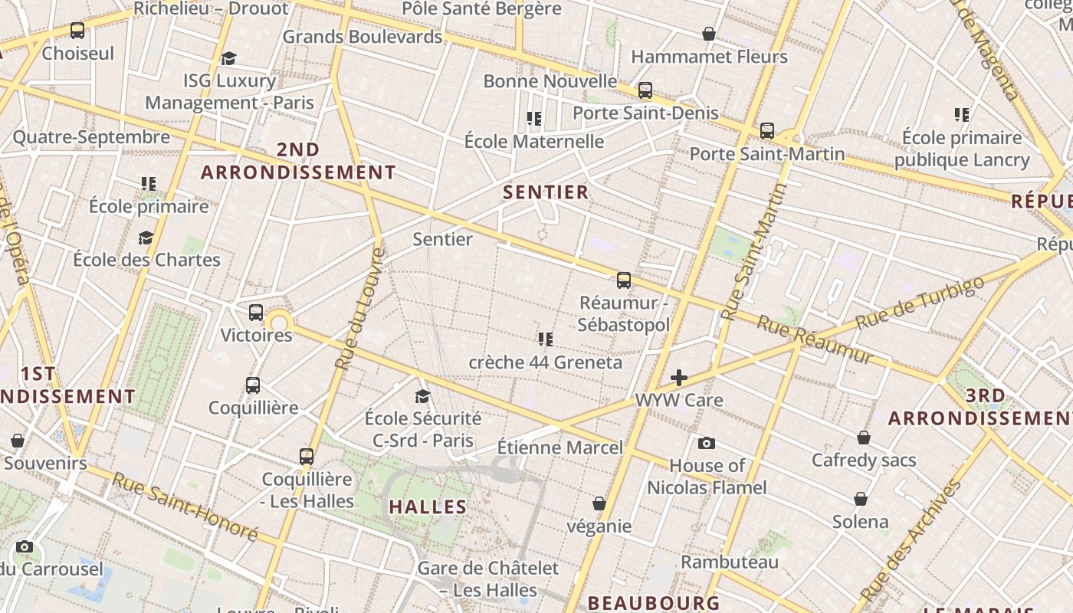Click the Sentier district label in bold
(x=546, y=192)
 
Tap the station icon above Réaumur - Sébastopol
(x=624, y=280)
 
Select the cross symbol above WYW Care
(x=678, y=378)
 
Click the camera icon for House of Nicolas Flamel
(x=707, y=443)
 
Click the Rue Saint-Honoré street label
(x=185, y=506)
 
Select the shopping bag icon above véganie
(x=599, y=503)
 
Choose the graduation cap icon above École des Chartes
(x=146, y=238)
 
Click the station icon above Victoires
(x=256, y=313)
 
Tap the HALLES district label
(x=428, y=506)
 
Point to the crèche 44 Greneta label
(x=545, y=362)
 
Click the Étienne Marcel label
(x=560, y=447)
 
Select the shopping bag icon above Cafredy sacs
(x=864, y=438)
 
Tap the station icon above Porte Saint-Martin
(x=767, y=131)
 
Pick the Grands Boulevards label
(x=363, y=36)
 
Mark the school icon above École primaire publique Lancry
(x=962, y=115)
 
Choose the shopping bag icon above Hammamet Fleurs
(x=709, y=34)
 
